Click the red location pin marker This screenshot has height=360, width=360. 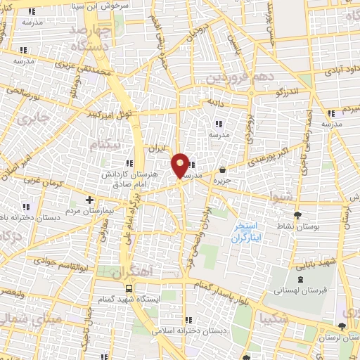(181, 165)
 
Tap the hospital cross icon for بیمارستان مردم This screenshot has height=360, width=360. (89, 200)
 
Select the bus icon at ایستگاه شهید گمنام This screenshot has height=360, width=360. (129, 288)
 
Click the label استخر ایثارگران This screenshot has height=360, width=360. (247, 233)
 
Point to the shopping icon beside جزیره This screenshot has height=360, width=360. (223, 169)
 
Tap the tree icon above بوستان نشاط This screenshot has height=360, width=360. (297, 215)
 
